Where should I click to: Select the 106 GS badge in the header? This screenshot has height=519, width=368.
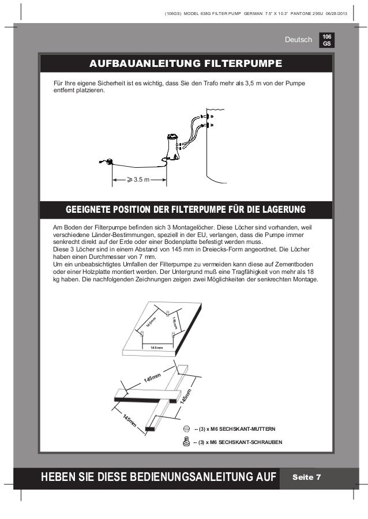pos(326,39)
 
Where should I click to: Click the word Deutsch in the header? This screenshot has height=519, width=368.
pos(298,40)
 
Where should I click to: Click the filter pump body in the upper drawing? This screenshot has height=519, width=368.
pos(172,145)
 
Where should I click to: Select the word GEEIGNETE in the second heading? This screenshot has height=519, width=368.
pos(91,208)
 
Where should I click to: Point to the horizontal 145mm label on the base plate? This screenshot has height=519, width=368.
pos(156,348)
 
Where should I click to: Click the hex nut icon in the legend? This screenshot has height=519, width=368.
pos(186,429)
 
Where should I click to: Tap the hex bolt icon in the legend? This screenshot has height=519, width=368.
pos(186,442)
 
